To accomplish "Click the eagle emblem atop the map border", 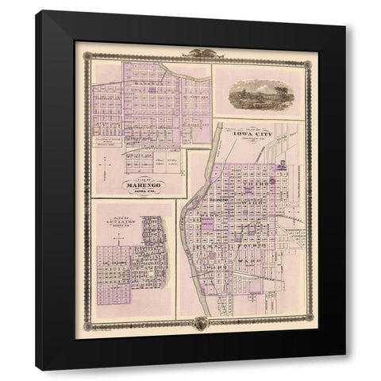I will tap(190, 54).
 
